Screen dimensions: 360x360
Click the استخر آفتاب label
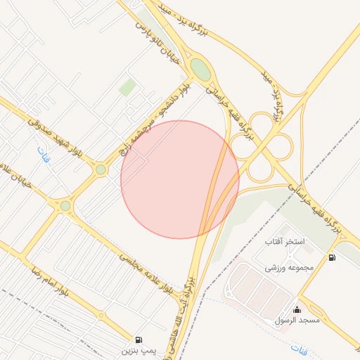pyautogui.click(x=285, y=242)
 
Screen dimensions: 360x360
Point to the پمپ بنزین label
pyautogui.click(x=136, y=349)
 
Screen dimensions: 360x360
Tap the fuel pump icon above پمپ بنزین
pyautogui.click(x=138, y=340)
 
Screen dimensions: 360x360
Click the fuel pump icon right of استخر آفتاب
pyautogui.click(x=332, y=257)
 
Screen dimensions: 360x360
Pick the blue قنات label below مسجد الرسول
pyautogui.click(x=300, y=348)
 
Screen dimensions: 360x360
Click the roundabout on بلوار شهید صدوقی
pyautogui.click(x=101, y=169)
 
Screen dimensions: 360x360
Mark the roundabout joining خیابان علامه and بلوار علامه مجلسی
pyautogui.click(x=65, y=205)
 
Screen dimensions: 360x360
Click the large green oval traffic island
pyautogui.click(x=200, y=70)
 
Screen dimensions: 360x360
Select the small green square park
pyautogui.click(x=127, y=87)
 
